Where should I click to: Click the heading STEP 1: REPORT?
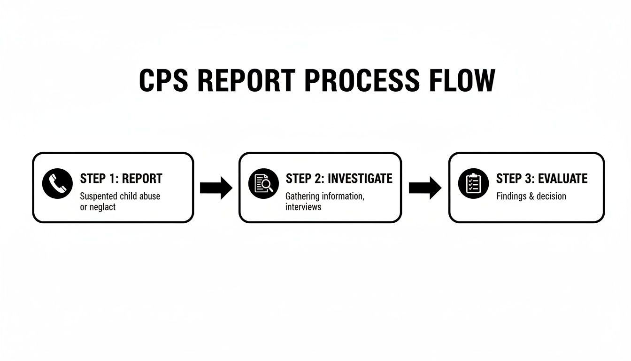click(121, 179)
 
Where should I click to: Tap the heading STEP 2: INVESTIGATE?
click(339, 179)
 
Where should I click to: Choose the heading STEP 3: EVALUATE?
click(542, 179)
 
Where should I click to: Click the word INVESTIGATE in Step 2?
click(360, 179)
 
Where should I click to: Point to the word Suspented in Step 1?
click(99, 196)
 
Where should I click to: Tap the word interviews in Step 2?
click(303, 207)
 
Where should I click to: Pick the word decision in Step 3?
click(550, 196)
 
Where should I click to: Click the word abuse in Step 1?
click(150, 196)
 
